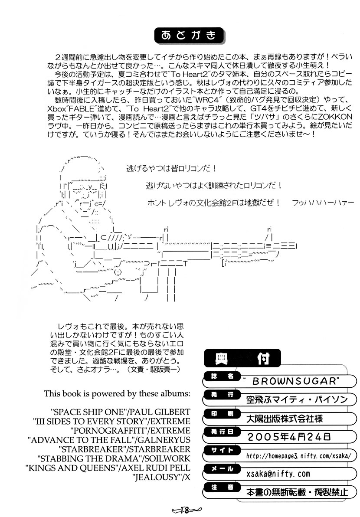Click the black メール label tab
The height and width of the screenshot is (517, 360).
(x=219, y=469)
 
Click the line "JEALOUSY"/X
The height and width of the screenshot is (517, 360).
(x=161, y=478)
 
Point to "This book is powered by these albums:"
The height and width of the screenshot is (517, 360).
(x=117, y=394)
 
